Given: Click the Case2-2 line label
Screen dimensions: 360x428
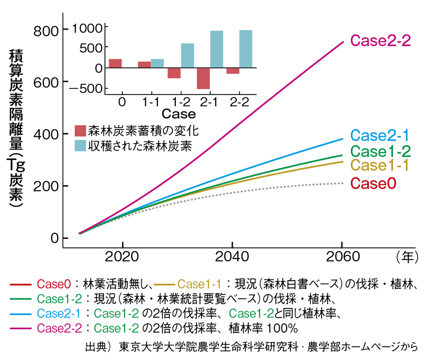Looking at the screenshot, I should (x=381, y=40).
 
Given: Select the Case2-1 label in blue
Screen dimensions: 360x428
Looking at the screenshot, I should (x=380, y=135).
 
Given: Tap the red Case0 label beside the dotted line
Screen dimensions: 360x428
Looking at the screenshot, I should (x=373, y=183).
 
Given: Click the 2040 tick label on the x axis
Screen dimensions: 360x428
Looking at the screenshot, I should (x=232, y=256).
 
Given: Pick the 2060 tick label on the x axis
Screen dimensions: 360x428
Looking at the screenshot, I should (x=341, y=256).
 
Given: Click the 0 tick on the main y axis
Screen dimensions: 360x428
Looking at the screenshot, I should (x=53, y=238).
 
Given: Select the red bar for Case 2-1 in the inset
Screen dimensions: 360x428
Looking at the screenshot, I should (x=203, y=78).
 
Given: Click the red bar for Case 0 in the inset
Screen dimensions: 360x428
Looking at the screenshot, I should (x=115, y=63).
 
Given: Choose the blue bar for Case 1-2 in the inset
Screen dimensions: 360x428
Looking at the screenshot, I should (x=187, y=56).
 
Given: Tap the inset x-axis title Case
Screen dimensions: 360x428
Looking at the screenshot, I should (x=178, y=114).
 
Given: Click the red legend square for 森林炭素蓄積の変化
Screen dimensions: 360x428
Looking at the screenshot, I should (x=80, y=131).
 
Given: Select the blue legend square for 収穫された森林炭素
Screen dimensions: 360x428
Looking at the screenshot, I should (x=80, y=146).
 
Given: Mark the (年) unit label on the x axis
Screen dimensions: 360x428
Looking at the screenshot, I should (x=406, y=256).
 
